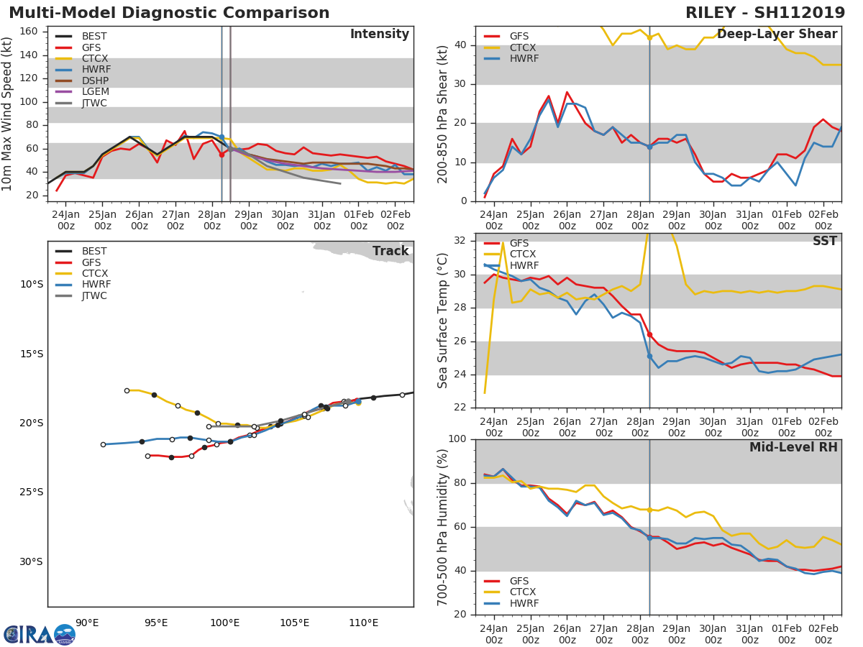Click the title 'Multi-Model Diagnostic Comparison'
pos(169,13)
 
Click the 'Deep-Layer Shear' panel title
pos(777,35)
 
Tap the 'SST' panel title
pos(824,242)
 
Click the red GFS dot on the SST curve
pos(649,334)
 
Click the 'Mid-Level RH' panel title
pos(793,448)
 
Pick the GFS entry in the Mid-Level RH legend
pos(519,581)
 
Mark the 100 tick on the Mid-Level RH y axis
pos(457,439)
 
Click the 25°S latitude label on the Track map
pos(32,492)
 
